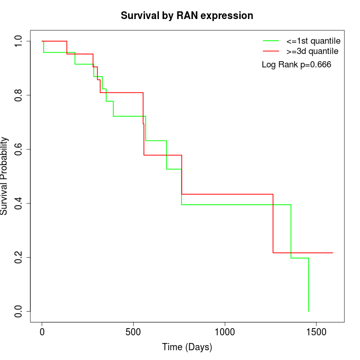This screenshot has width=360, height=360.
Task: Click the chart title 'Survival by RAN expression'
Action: [x=187, y=16]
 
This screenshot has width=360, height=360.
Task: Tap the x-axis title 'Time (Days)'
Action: [x=187, y=347]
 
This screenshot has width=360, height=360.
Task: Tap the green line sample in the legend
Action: [x=271, y=41]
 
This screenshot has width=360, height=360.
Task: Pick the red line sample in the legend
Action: [x=271, y=51]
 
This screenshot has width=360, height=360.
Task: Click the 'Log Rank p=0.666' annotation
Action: [x=296, y=65]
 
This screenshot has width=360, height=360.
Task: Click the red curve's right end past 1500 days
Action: [x=332, y=253]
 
